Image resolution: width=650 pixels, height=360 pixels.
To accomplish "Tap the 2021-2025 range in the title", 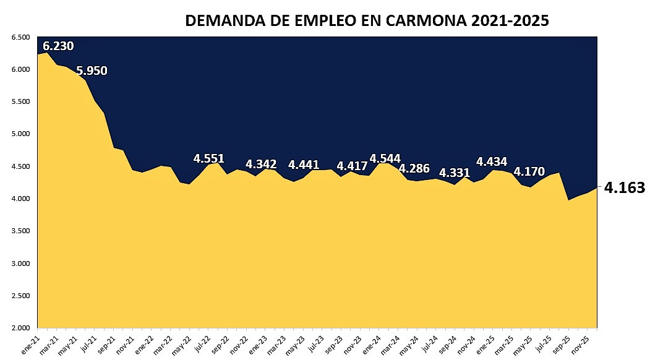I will click(509, 20).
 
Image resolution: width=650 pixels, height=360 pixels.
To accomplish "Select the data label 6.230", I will click(58, 46).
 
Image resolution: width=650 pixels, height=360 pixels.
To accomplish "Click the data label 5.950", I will click(92, 71).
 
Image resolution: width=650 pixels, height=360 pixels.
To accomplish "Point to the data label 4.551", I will click(208, 158).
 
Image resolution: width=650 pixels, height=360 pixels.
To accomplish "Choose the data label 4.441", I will click(304, 165).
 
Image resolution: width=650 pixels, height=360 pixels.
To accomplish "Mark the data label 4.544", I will click(385, 158).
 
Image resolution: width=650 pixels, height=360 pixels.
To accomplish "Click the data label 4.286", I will click(414, 168).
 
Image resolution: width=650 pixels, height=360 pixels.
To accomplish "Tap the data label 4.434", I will click(492, 162).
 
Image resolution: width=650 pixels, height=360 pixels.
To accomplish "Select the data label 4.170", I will click(529, 171).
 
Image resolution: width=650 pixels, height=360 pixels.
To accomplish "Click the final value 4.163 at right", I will click(624, 188).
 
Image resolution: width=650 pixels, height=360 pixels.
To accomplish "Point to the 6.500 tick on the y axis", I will click(21, 37).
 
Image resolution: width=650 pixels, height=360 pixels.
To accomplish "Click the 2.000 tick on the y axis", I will click(21, 328).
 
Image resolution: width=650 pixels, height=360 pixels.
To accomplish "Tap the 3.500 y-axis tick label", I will click(21, 231).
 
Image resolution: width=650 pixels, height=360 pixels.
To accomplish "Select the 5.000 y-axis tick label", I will click(21, 134).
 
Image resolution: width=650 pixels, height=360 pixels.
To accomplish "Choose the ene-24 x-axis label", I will click(371, 343).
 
